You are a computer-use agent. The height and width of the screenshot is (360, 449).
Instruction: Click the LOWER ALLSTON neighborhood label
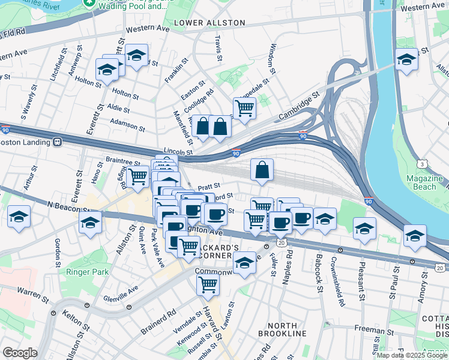pyautogui.click(x=200, y=23)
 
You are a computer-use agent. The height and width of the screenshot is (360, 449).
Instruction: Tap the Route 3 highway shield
pyautogui.click(x=424, y=163)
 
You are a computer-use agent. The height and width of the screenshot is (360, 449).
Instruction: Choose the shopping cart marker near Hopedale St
pyautogui.click(x=244, y=109)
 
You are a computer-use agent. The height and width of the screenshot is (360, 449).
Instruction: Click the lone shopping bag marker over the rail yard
pyautogui.click(x=262, y=170)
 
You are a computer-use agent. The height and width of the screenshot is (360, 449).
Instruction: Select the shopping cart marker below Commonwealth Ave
pyautogui.click(x=208, y=286)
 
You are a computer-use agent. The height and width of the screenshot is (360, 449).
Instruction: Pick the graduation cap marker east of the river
pyautogui.click(x=406, y=60)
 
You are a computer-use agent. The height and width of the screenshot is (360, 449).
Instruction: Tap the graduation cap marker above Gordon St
pyautogui.click(x=19, y=217)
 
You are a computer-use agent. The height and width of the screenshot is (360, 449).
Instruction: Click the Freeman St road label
pyautogui.click(x=373, y=329)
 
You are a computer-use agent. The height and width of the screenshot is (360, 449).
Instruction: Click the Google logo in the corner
pyautogui.click(x=20, y=353)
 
